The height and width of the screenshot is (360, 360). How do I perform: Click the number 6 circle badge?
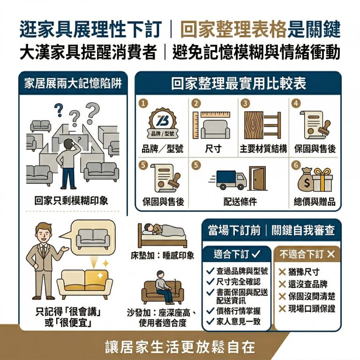(295, 165)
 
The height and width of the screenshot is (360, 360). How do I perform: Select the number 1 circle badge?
(144, 103)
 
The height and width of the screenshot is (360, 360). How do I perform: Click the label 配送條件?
(240, 202)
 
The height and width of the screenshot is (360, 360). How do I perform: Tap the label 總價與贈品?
(314, 202)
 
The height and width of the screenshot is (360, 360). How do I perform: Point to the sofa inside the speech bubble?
(93, 238)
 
